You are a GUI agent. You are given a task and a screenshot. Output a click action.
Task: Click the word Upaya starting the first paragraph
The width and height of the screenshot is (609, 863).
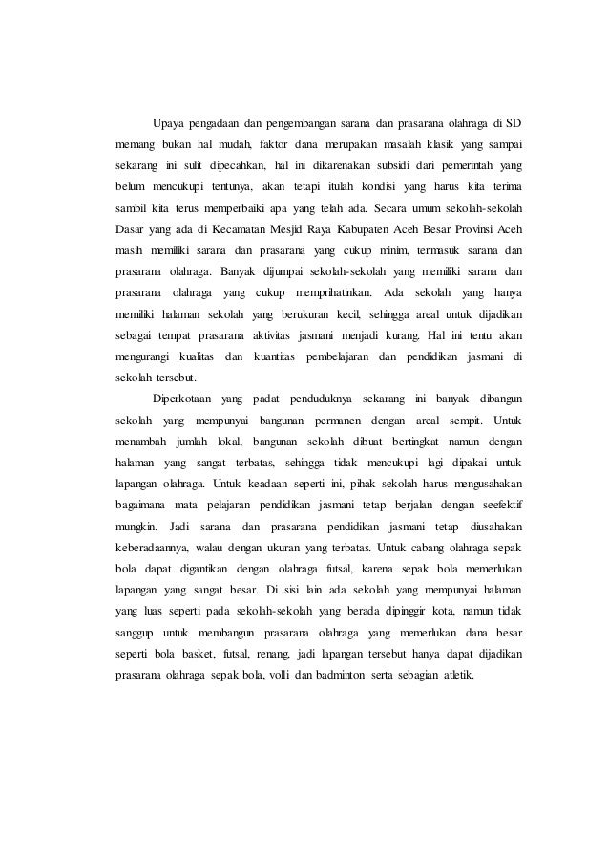[x=169, y=124]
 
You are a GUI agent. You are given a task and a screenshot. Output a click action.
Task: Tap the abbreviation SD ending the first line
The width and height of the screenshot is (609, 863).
[x=515, y=124]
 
